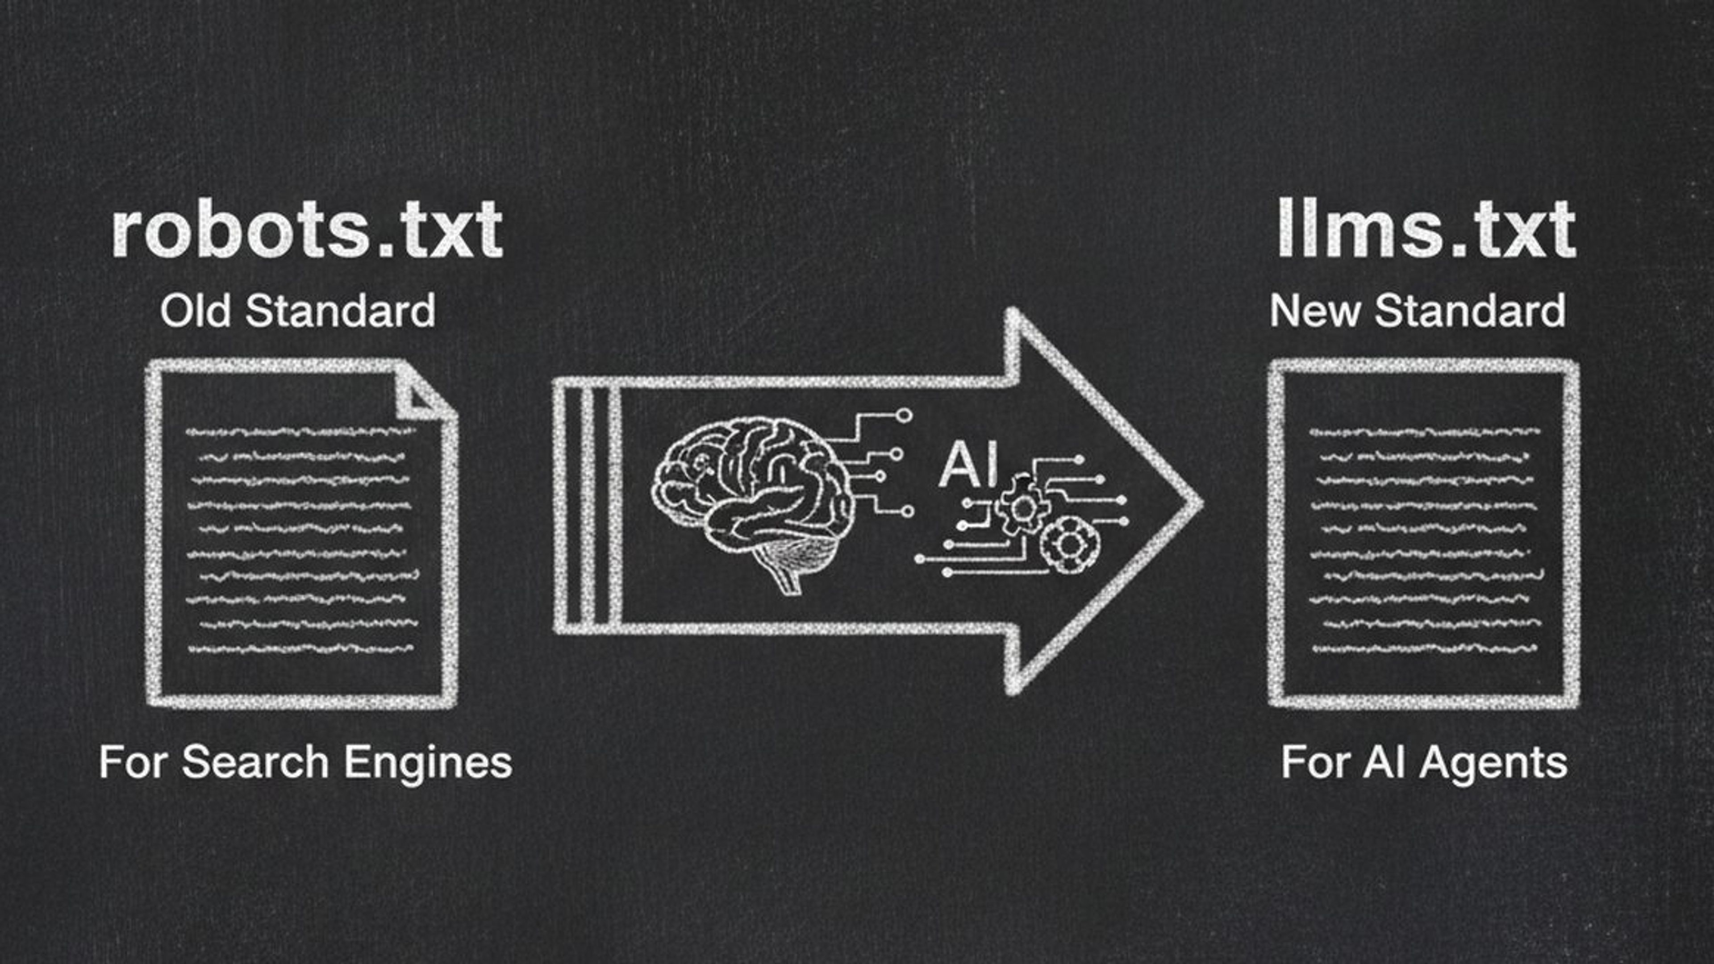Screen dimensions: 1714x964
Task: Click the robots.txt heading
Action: point(307,229)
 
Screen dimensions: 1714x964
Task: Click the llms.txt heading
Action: point(1426,229)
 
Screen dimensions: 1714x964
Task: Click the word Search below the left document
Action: point(255,762)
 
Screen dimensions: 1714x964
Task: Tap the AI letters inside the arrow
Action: point(968,465)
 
